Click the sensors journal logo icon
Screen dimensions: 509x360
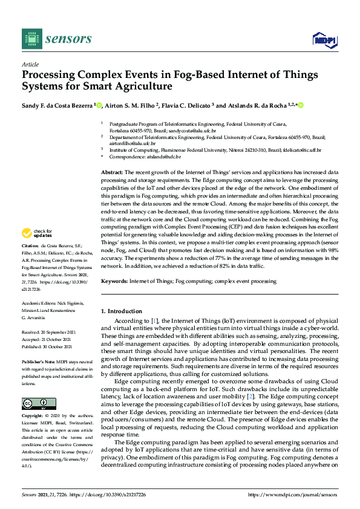click(x=31, y=39)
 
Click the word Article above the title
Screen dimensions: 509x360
click(x=30, y=64)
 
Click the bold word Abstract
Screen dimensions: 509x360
click(x=112, y=173)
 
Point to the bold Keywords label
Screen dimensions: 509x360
click(x=114, y=281)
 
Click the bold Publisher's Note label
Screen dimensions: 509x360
click(x=38, y=356)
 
